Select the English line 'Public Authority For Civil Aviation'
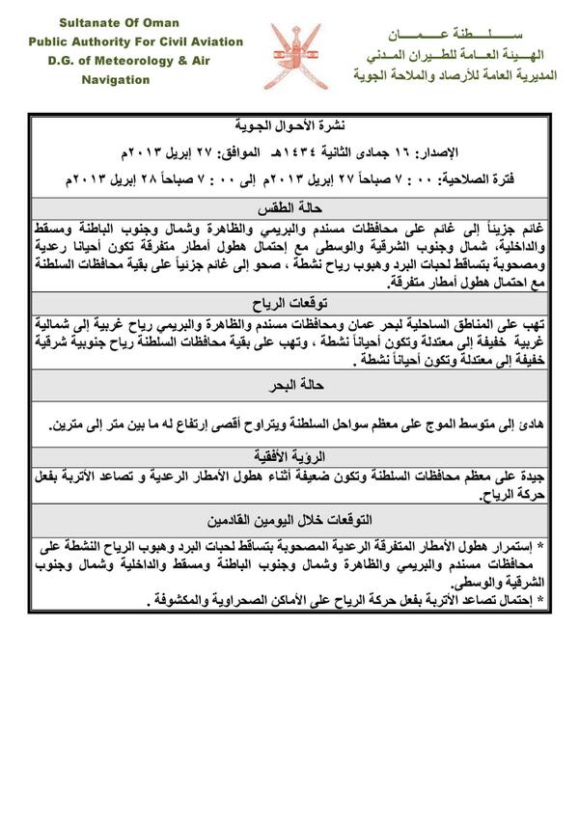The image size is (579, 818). click(135, 41)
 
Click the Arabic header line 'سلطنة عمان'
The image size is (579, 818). click(453, 33)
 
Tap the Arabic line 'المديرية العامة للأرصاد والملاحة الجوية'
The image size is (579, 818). click(454, 74)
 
